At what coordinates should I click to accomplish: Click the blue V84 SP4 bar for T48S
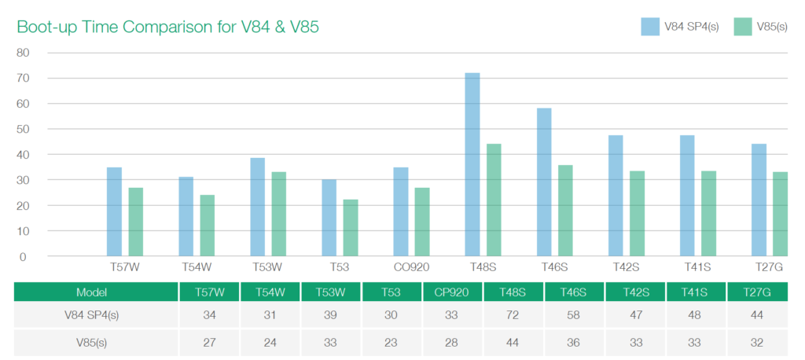point(472,164)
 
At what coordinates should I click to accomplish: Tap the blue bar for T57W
point(114,211)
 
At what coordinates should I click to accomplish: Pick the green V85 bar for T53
point(351,228)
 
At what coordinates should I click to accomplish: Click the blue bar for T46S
point(544,182)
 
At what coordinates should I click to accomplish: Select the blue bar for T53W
point(258,207)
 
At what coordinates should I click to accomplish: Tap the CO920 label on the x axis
point(411,267)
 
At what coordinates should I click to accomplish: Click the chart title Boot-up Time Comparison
point(167,27)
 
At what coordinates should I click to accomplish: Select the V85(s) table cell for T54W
point(270,343)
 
